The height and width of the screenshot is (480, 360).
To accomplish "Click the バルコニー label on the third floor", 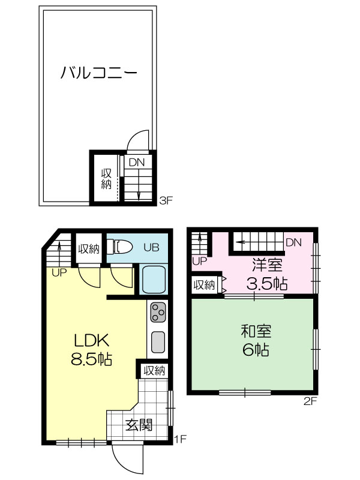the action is [x=98, y=73].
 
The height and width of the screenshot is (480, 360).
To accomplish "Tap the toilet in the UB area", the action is [x=119, y=247].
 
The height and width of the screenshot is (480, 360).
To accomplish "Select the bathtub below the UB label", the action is [x=154, y=279].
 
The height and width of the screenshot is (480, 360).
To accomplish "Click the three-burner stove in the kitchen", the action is [x=158, y=312].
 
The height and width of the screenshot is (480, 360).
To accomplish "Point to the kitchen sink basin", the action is [x=158, y=342].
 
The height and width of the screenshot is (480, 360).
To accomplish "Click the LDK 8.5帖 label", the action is [x=91, y=349].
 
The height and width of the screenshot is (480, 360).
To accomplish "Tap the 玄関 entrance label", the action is [x=139, y=425].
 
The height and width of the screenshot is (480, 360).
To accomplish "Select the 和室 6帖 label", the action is [x=256, y=340].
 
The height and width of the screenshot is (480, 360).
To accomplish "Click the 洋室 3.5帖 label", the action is [x=267, y=274].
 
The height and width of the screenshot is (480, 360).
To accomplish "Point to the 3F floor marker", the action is [x=166, y=201].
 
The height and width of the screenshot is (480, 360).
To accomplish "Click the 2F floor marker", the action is [x=310, y=401].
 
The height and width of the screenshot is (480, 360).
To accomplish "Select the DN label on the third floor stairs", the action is [x=137, y=162].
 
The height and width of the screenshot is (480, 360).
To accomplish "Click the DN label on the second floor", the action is [x=293, y=242].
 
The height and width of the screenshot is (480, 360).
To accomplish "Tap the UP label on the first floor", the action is [x=59, y=273].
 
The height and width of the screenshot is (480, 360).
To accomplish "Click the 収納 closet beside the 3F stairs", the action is [x=107, y=178].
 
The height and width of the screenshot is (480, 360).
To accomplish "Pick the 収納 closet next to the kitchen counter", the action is [x=155, y=371].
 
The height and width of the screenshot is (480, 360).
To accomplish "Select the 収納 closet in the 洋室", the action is [x=204, y=285].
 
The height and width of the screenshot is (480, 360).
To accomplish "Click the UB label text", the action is [x=152, y=247].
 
